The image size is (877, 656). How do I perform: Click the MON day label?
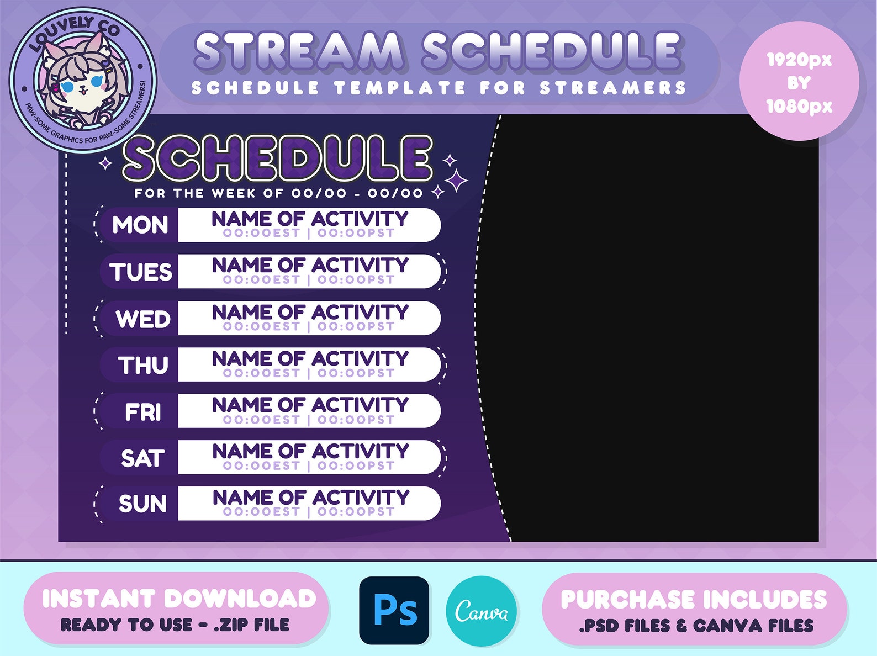140,225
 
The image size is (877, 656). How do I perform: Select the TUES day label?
141,272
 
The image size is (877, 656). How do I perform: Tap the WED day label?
143,319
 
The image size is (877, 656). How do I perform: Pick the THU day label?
143,365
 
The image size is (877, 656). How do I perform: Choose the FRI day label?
143,412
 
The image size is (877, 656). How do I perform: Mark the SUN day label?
142,504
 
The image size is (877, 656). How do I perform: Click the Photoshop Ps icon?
394,610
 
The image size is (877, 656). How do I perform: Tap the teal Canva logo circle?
481,611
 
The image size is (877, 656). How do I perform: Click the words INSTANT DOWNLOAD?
179,599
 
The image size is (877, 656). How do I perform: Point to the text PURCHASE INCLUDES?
694,600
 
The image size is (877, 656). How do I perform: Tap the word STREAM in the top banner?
299,51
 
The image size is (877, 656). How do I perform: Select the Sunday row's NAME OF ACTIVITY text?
311,497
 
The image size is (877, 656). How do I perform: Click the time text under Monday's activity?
309,233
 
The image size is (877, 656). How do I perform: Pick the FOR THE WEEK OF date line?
278,193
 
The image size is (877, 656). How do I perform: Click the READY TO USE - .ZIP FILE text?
175,625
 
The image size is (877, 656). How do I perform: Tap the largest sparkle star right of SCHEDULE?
457,180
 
